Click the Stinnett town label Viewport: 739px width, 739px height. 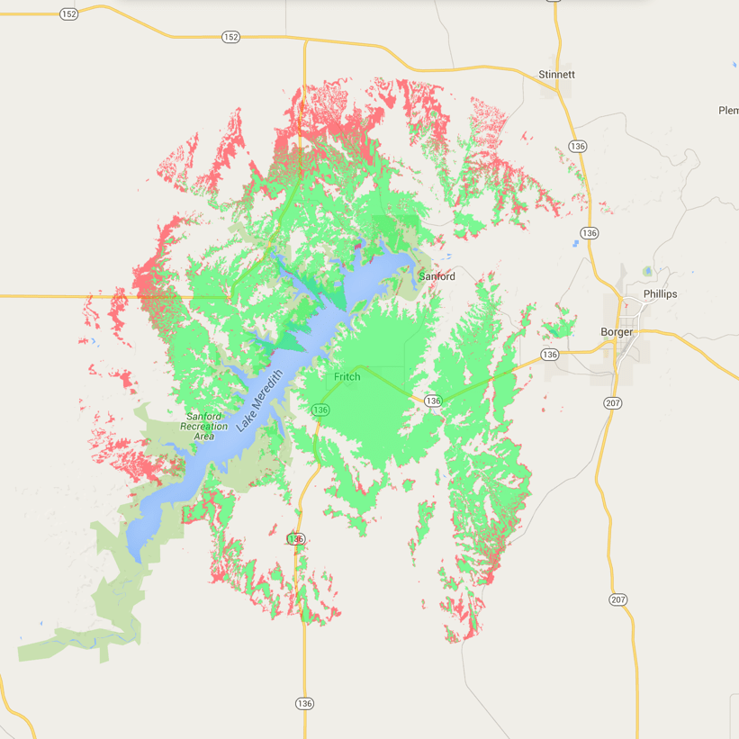point(556,74)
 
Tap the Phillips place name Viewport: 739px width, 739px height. point(660,294)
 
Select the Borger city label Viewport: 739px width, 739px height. point(617,331)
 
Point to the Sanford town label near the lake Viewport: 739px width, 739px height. point(437,276)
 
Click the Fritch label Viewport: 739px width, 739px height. point(347,376)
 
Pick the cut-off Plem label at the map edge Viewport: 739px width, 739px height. point(728,110)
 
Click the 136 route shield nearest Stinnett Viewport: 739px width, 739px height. point(578,147)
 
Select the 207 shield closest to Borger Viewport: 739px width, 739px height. point(613,403)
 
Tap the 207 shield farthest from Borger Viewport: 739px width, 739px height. point(617,599)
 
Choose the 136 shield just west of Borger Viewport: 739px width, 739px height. point(551,355)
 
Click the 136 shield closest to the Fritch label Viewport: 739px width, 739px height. point(320,410)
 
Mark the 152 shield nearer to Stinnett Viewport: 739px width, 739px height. point(231,36)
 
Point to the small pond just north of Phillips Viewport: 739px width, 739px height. point(647,271)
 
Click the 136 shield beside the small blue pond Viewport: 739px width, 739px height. point(590,233)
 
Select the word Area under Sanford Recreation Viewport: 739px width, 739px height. point(203,437)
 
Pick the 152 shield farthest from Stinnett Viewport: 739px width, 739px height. point(68,14)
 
